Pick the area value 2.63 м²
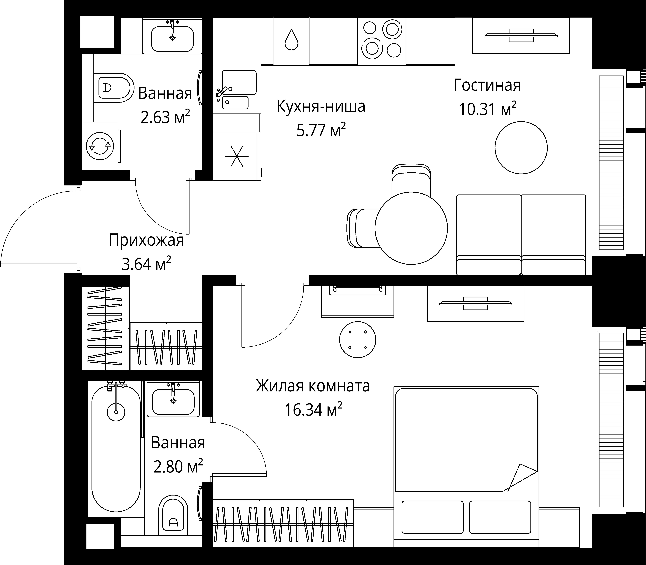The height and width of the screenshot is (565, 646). coord(165,117)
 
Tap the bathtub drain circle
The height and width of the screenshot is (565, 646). coord(116,412)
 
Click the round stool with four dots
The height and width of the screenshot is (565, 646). coord(358,340)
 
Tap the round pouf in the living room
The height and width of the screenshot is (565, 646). coord(521,148)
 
